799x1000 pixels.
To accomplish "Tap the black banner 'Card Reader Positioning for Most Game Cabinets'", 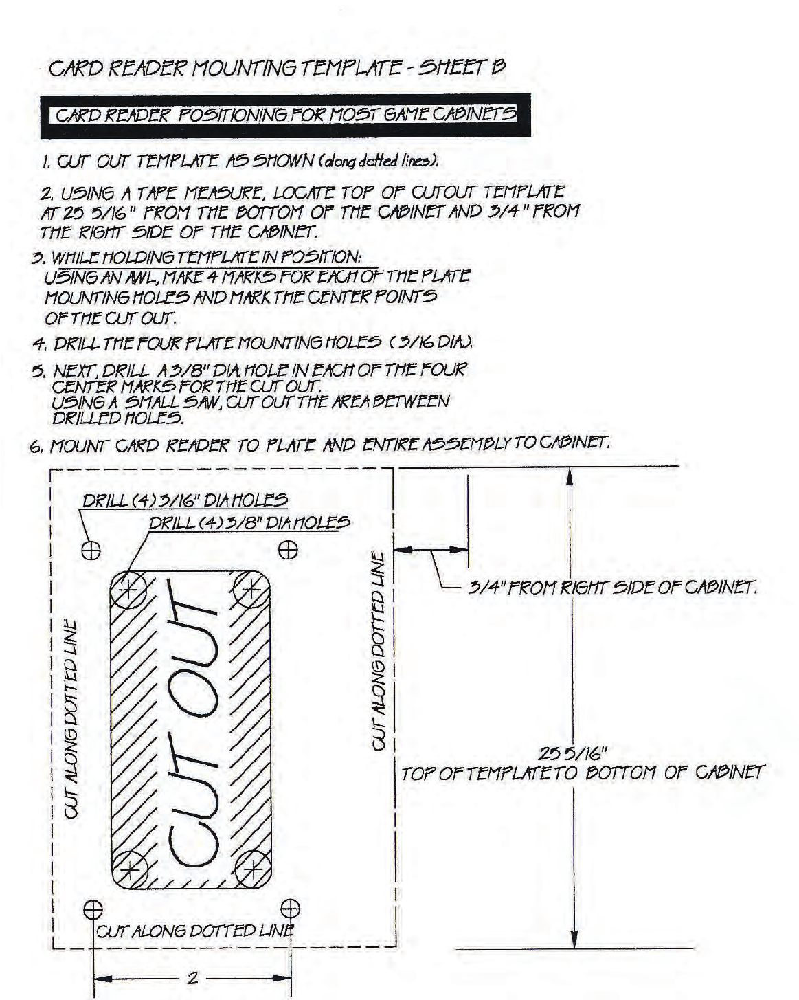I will click(286, 115).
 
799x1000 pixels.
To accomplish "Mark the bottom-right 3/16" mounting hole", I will click(291, 909).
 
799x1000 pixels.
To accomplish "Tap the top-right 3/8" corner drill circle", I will click(251, 589).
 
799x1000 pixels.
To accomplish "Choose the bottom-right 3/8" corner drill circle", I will click(253, 868).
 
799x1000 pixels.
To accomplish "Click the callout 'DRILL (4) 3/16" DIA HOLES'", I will click(185, 500).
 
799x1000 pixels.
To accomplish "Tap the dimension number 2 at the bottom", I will click(192, 977).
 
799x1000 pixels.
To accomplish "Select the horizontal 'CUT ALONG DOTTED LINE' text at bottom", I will click(194, 931).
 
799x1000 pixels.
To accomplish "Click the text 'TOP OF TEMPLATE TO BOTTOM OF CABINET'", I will click(583, 773).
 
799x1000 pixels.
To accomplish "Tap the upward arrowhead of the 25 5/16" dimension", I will click(570, 478).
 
